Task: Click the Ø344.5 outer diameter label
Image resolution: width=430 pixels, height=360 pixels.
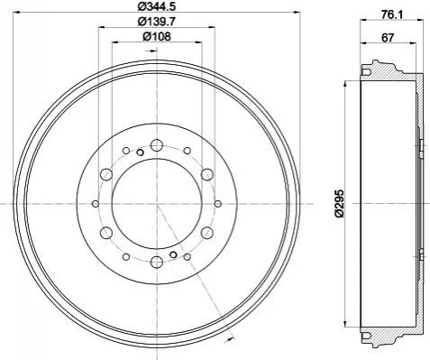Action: tap(157, 6)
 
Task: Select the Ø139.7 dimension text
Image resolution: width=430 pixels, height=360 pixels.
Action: tap(157, 22)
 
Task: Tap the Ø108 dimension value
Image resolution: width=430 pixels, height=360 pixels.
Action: tap(157, 36)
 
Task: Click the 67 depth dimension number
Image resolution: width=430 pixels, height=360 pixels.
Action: tap(388, 38)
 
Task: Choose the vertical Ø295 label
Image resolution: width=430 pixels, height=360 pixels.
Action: tap(339, 204)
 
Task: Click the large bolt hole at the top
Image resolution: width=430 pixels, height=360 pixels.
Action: tap(157, 145)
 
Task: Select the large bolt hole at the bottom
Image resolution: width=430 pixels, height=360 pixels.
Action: tap(157, 262)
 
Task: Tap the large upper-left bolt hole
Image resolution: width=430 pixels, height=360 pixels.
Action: tap(106, 174)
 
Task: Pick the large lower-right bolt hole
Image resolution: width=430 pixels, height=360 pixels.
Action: tap(207, 233)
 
